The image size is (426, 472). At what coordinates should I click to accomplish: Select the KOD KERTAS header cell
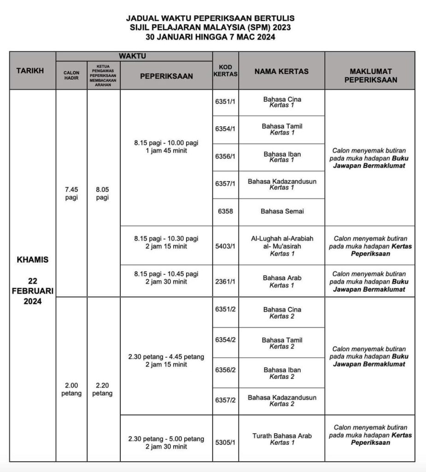coord(225,71)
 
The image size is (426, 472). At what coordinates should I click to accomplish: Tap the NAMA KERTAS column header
coord(281,71)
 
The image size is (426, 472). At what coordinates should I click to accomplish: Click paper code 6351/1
coord(225,102)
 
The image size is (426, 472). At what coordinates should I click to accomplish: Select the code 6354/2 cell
coord(225,340)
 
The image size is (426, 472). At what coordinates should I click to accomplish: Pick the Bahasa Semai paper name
coord(281,212)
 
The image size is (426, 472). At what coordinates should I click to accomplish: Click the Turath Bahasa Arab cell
coord(281,439)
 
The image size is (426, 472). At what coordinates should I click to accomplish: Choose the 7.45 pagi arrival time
coord(71,194)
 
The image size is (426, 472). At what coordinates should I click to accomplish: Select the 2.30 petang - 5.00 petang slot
coord(166,442)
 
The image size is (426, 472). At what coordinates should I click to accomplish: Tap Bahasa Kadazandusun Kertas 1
coord(281,184)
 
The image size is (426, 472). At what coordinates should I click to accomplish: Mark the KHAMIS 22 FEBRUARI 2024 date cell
coord(33,280)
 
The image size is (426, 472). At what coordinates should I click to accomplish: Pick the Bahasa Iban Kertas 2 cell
coord(281,373)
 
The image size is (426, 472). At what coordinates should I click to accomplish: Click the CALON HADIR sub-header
coord(71,76)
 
